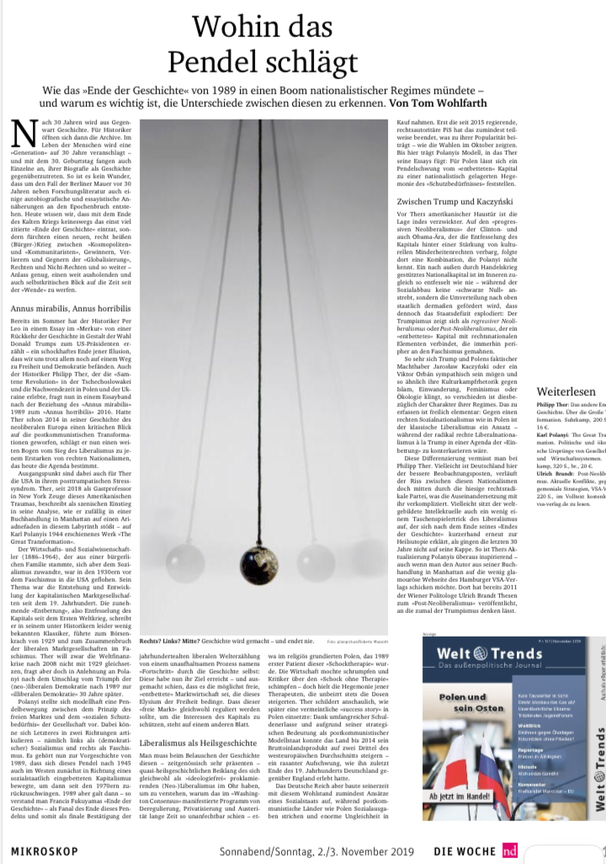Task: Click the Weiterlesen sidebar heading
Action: [566, 392]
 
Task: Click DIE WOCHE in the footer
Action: [466, 851]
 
